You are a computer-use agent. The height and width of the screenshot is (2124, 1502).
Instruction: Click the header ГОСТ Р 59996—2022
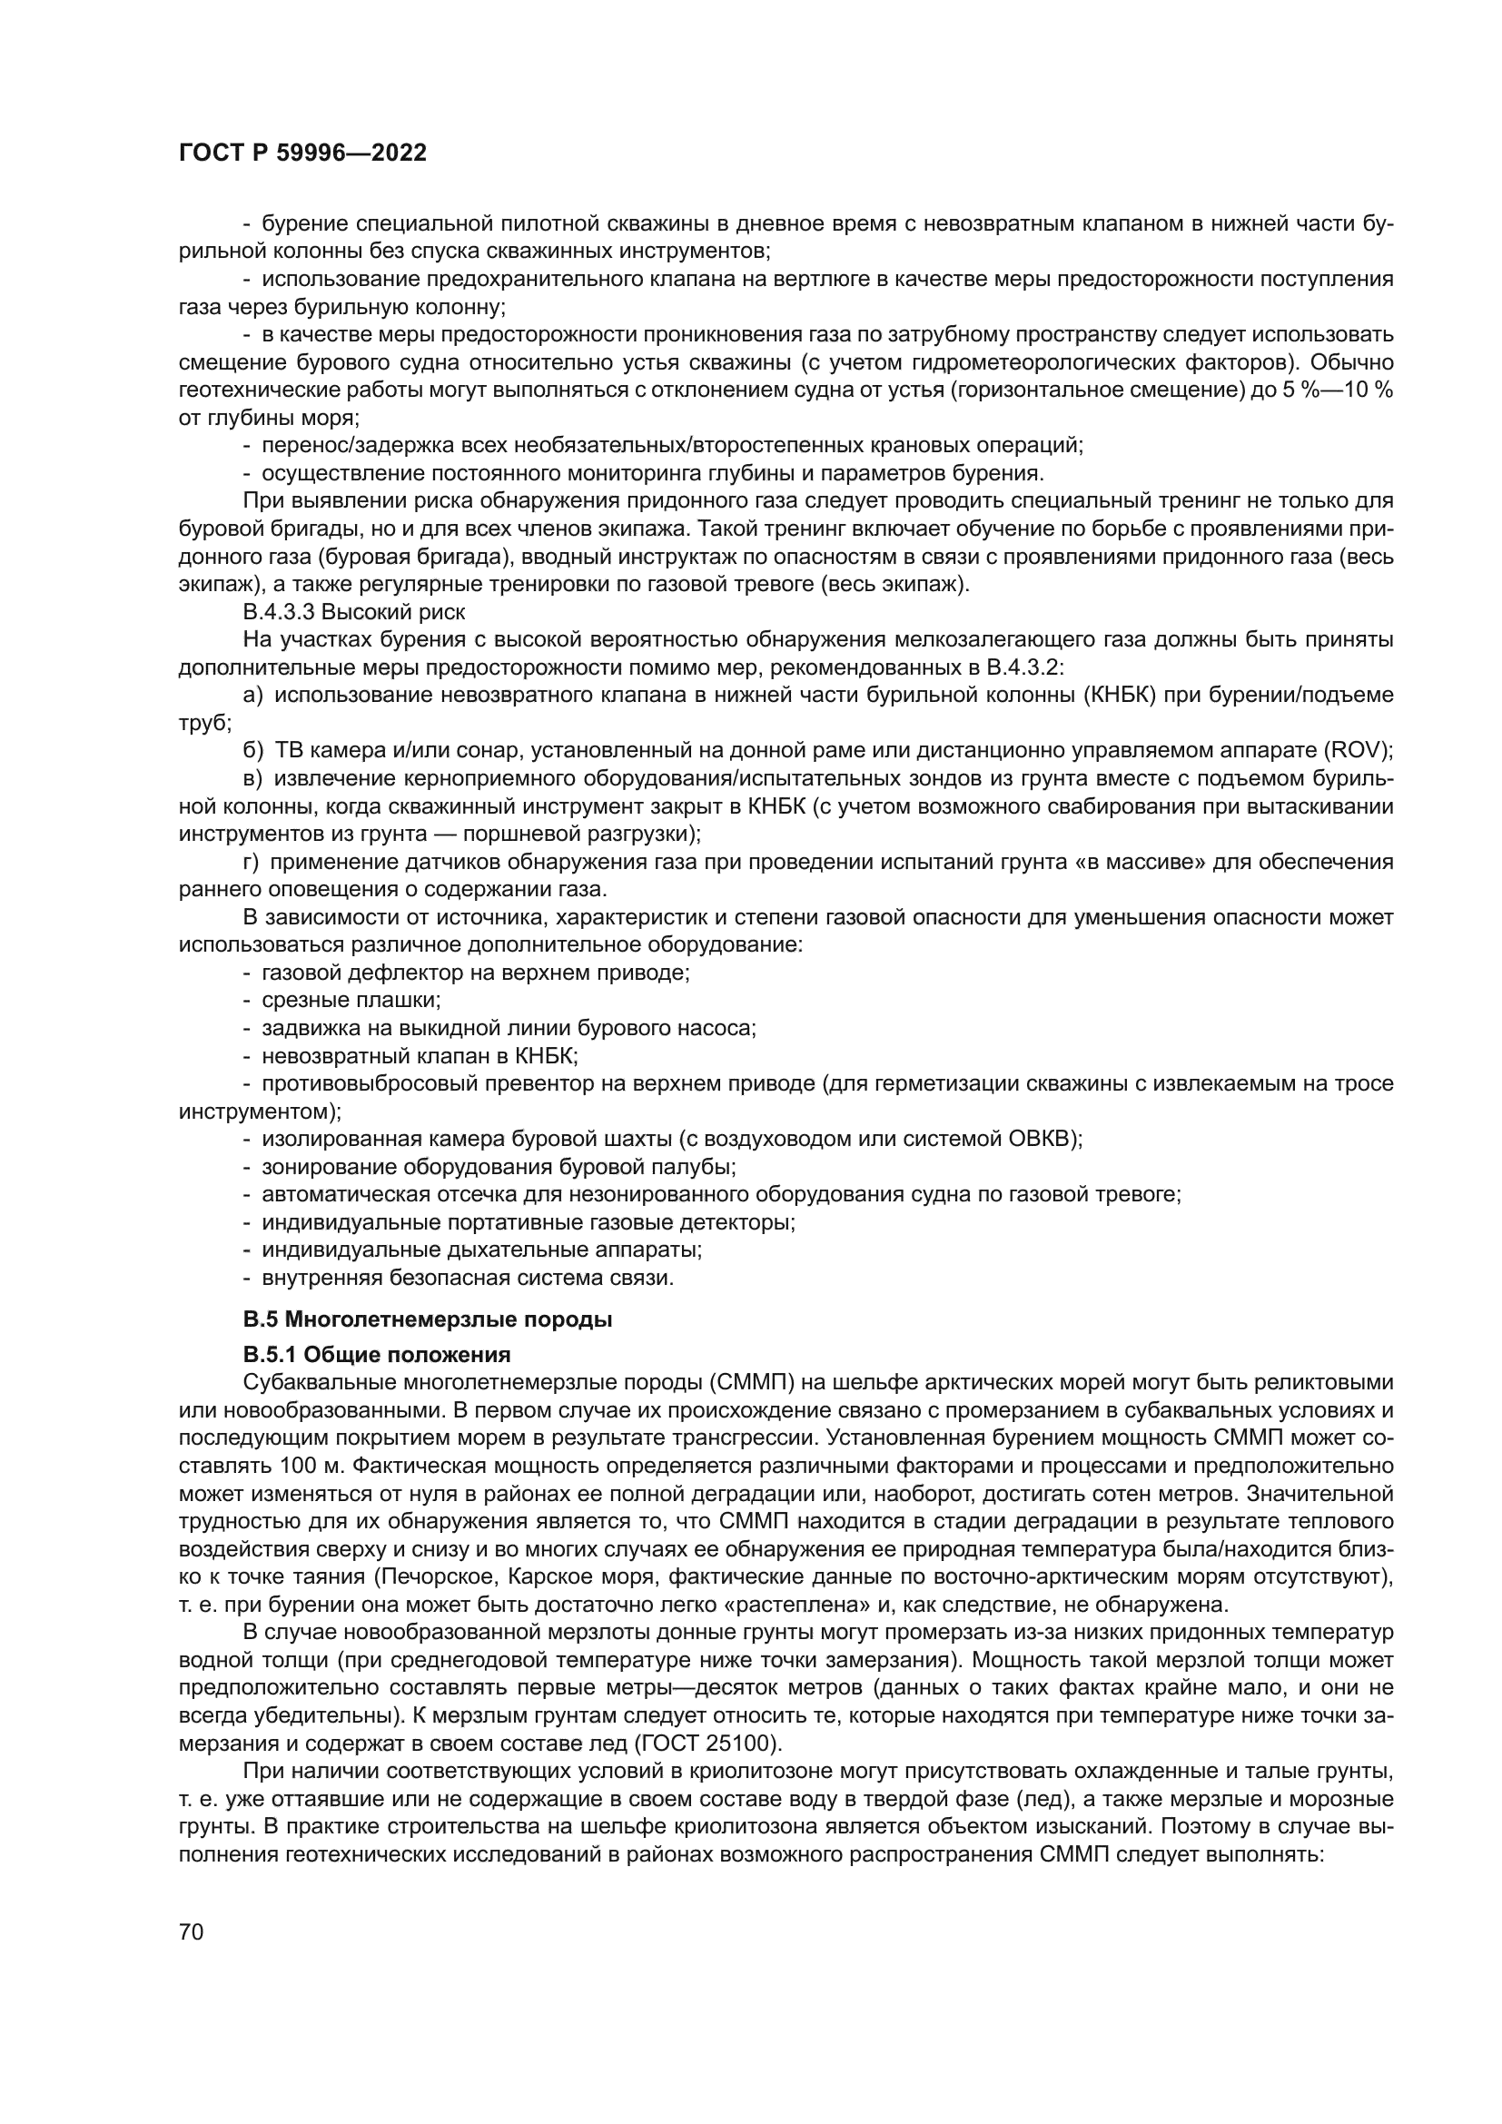coord(302,153)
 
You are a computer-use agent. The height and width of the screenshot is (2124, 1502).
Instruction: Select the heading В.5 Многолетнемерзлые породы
coord(428,1320)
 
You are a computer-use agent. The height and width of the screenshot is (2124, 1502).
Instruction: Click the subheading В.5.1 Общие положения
coord(377,1355)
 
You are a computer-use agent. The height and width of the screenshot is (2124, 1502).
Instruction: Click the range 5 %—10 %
coord(1336,390)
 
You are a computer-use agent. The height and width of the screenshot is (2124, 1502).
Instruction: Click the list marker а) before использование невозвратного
coord(252,695)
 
